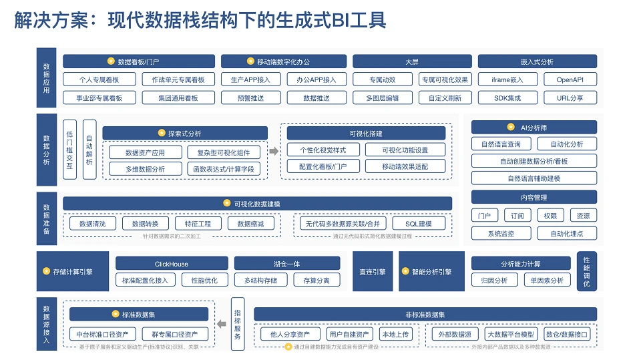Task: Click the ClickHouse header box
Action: coord(172,264)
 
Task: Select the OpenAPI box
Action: coord(570,79)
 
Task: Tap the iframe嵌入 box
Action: coord(507,79)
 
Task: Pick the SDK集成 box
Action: coord(507,98)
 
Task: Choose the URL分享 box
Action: coord(570,98)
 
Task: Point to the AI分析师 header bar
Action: coord(534,127)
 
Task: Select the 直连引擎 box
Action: coord(372,272)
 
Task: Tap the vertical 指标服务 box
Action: coord(238,323)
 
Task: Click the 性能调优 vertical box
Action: coord(586,271)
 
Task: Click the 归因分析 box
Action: coord(494,281)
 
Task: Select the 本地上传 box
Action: coord(395,334)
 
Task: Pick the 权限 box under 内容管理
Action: coord(550,216)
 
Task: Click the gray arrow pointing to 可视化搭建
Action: coord(273,152)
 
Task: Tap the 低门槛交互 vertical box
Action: coord(69,149)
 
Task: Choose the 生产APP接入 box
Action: coord(246,79)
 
